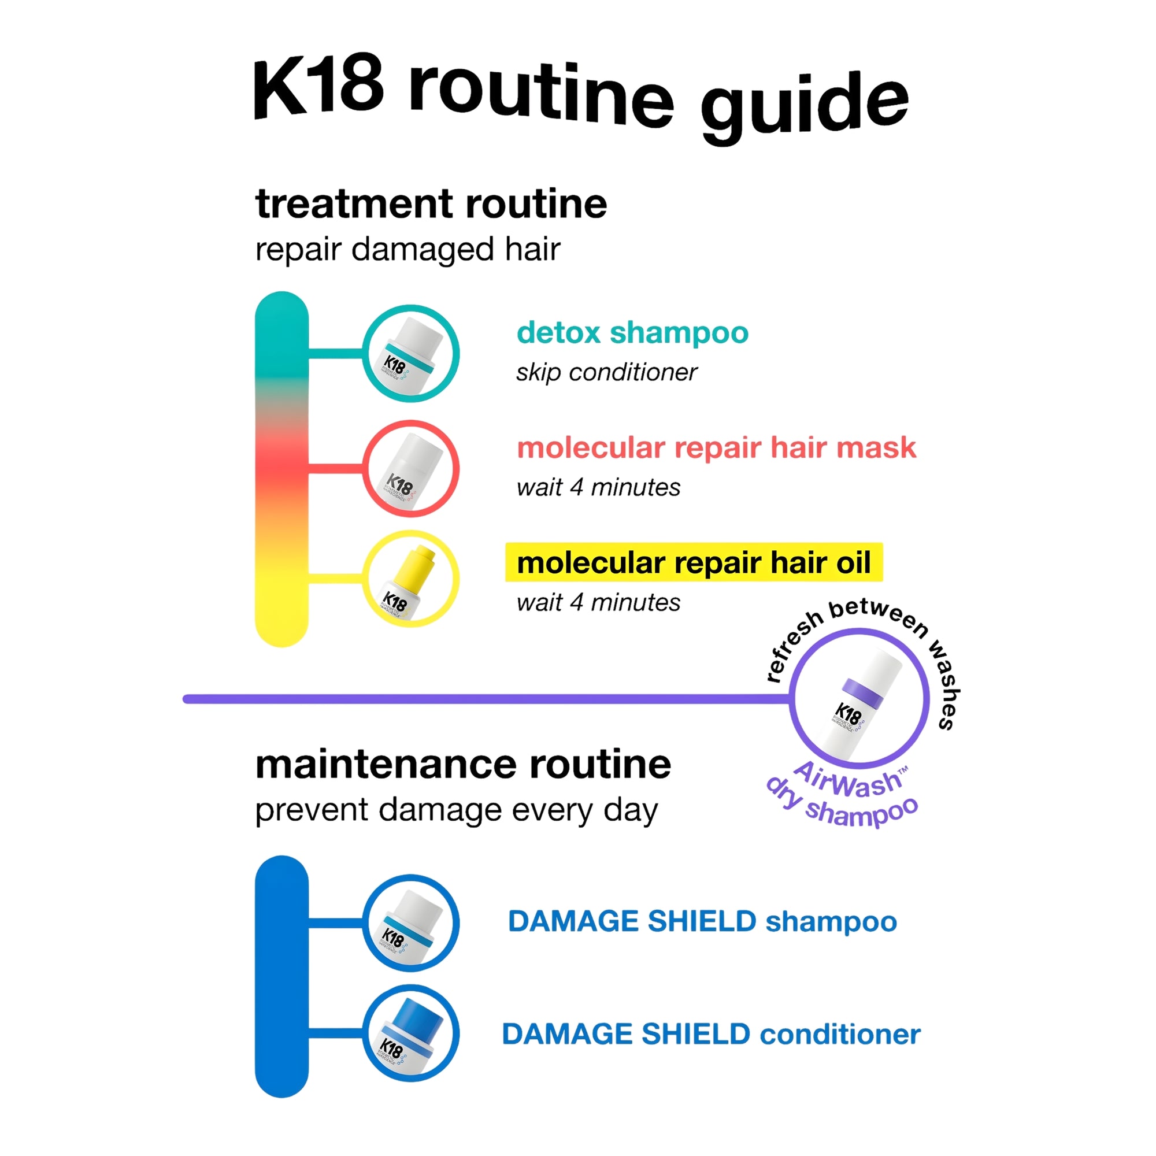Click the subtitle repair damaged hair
407,249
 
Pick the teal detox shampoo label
632,332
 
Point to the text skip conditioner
607,372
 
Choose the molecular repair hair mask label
716,447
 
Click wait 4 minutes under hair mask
598,487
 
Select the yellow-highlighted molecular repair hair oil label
694,562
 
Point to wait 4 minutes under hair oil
598,602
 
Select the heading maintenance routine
463,765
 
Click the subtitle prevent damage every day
456,810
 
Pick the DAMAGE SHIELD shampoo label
702,921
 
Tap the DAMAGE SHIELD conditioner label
711,1034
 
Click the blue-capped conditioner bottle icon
410,1034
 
